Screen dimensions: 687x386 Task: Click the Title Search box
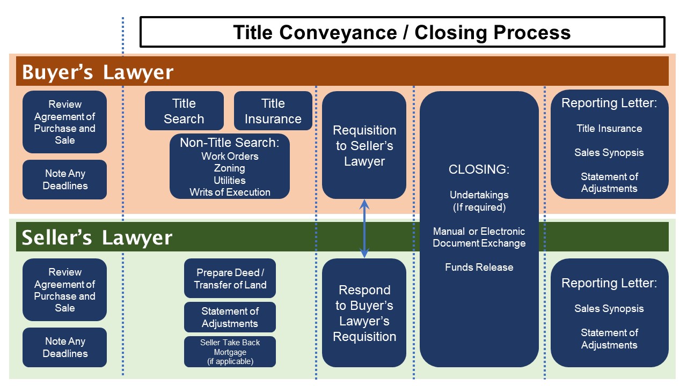(184, 110)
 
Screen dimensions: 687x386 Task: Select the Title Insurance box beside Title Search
(273, 110)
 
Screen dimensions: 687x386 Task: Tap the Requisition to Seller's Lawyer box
(364, 145)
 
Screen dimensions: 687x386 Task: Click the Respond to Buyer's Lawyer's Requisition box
(364, 313)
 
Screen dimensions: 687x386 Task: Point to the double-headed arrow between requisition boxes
(364, 228)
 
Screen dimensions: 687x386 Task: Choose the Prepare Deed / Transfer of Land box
(230, 278)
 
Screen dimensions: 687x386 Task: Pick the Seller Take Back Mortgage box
(230, 352)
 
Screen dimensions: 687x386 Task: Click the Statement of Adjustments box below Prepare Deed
(230, 317)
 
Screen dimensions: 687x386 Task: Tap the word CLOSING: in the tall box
(479, 169)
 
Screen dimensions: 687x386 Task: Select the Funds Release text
(479, 267)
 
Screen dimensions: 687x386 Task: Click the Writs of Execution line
(230, 192)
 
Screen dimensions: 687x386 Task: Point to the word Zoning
(229, 168)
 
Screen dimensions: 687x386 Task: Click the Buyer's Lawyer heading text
(98, 72)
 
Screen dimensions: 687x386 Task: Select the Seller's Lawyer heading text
(97, 237)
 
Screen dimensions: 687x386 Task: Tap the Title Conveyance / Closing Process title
(402, 32)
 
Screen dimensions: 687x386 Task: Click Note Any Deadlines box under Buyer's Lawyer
(65, 180)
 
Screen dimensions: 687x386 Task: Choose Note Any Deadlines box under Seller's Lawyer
(65, 347)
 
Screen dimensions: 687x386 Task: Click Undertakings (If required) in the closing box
(479, 201)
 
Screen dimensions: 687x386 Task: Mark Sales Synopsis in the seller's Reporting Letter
(609, 308)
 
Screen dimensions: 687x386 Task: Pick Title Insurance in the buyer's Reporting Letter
(609, 128)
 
